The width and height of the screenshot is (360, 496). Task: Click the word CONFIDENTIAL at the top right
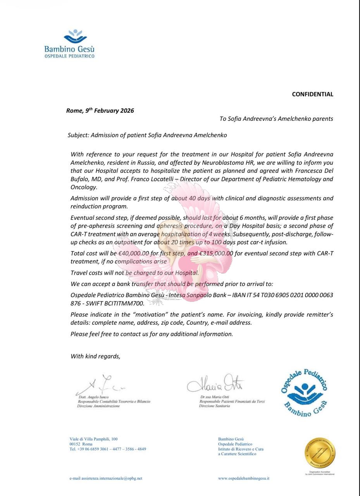[312, 94]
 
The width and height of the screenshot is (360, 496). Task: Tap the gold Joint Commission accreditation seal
[320, 453]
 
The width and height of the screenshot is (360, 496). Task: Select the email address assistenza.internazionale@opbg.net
[106, 478]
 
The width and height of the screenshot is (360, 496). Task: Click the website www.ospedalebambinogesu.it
[244, 478]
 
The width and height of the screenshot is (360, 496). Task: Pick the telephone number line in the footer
[108, 449]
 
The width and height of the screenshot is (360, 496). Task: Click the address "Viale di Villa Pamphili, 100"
[93, 439]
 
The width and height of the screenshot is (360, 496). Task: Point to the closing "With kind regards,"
[95, 356]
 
